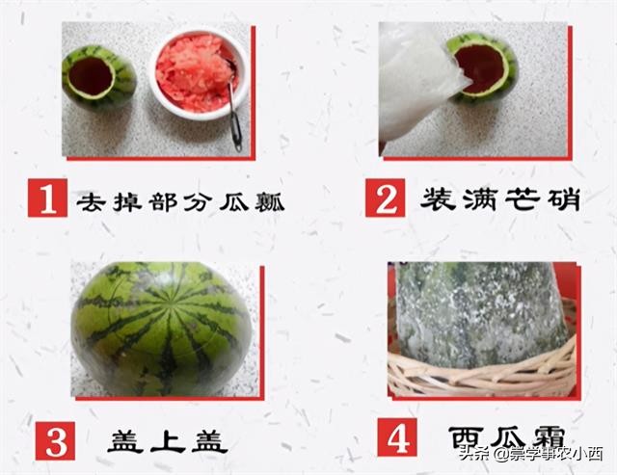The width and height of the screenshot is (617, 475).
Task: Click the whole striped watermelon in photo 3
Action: click(161, 329)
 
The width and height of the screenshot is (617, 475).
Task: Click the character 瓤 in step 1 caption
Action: click(274, 202)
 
